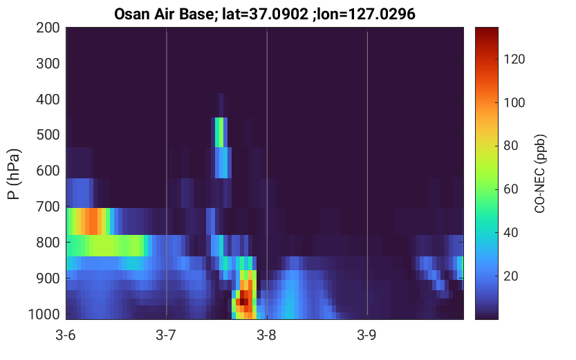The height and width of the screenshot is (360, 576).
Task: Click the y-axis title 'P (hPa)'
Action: (x=14, y=174)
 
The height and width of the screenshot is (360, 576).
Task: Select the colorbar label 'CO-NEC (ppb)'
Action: (x=539, y=173)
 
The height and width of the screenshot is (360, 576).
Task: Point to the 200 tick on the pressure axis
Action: (x=48, y=28)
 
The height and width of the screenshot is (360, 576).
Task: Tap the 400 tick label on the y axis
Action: (x=48, y=99)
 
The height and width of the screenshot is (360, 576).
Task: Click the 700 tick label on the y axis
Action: (x=48, y=207)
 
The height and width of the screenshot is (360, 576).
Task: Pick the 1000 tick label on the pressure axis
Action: (x=44, y=314)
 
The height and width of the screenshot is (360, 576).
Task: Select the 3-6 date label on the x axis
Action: (x=66, y=335)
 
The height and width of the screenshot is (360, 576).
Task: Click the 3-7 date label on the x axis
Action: (x=166, y=335)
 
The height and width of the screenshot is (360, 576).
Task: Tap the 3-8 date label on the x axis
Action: (x=266, y=335)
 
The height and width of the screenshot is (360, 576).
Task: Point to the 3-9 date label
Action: (x=366, y=335)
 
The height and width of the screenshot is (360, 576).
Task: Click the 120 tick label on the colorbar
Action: (x=514, y=59)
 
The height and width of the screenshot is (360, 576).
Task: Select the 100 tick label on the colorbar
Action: (x=514, y=102)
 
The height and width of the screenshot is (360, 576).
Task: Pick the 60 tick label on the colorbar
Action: (x=510, y=189)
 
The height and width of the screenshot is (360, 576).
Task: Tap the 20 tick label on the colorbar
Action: (x=510, y=276)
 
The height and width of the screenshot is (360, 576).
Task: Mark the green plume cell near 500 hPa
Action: (x=219, y=132)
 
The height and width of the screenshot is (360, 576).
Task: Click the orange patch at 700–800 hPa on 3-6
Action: (x=92, y=221)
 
